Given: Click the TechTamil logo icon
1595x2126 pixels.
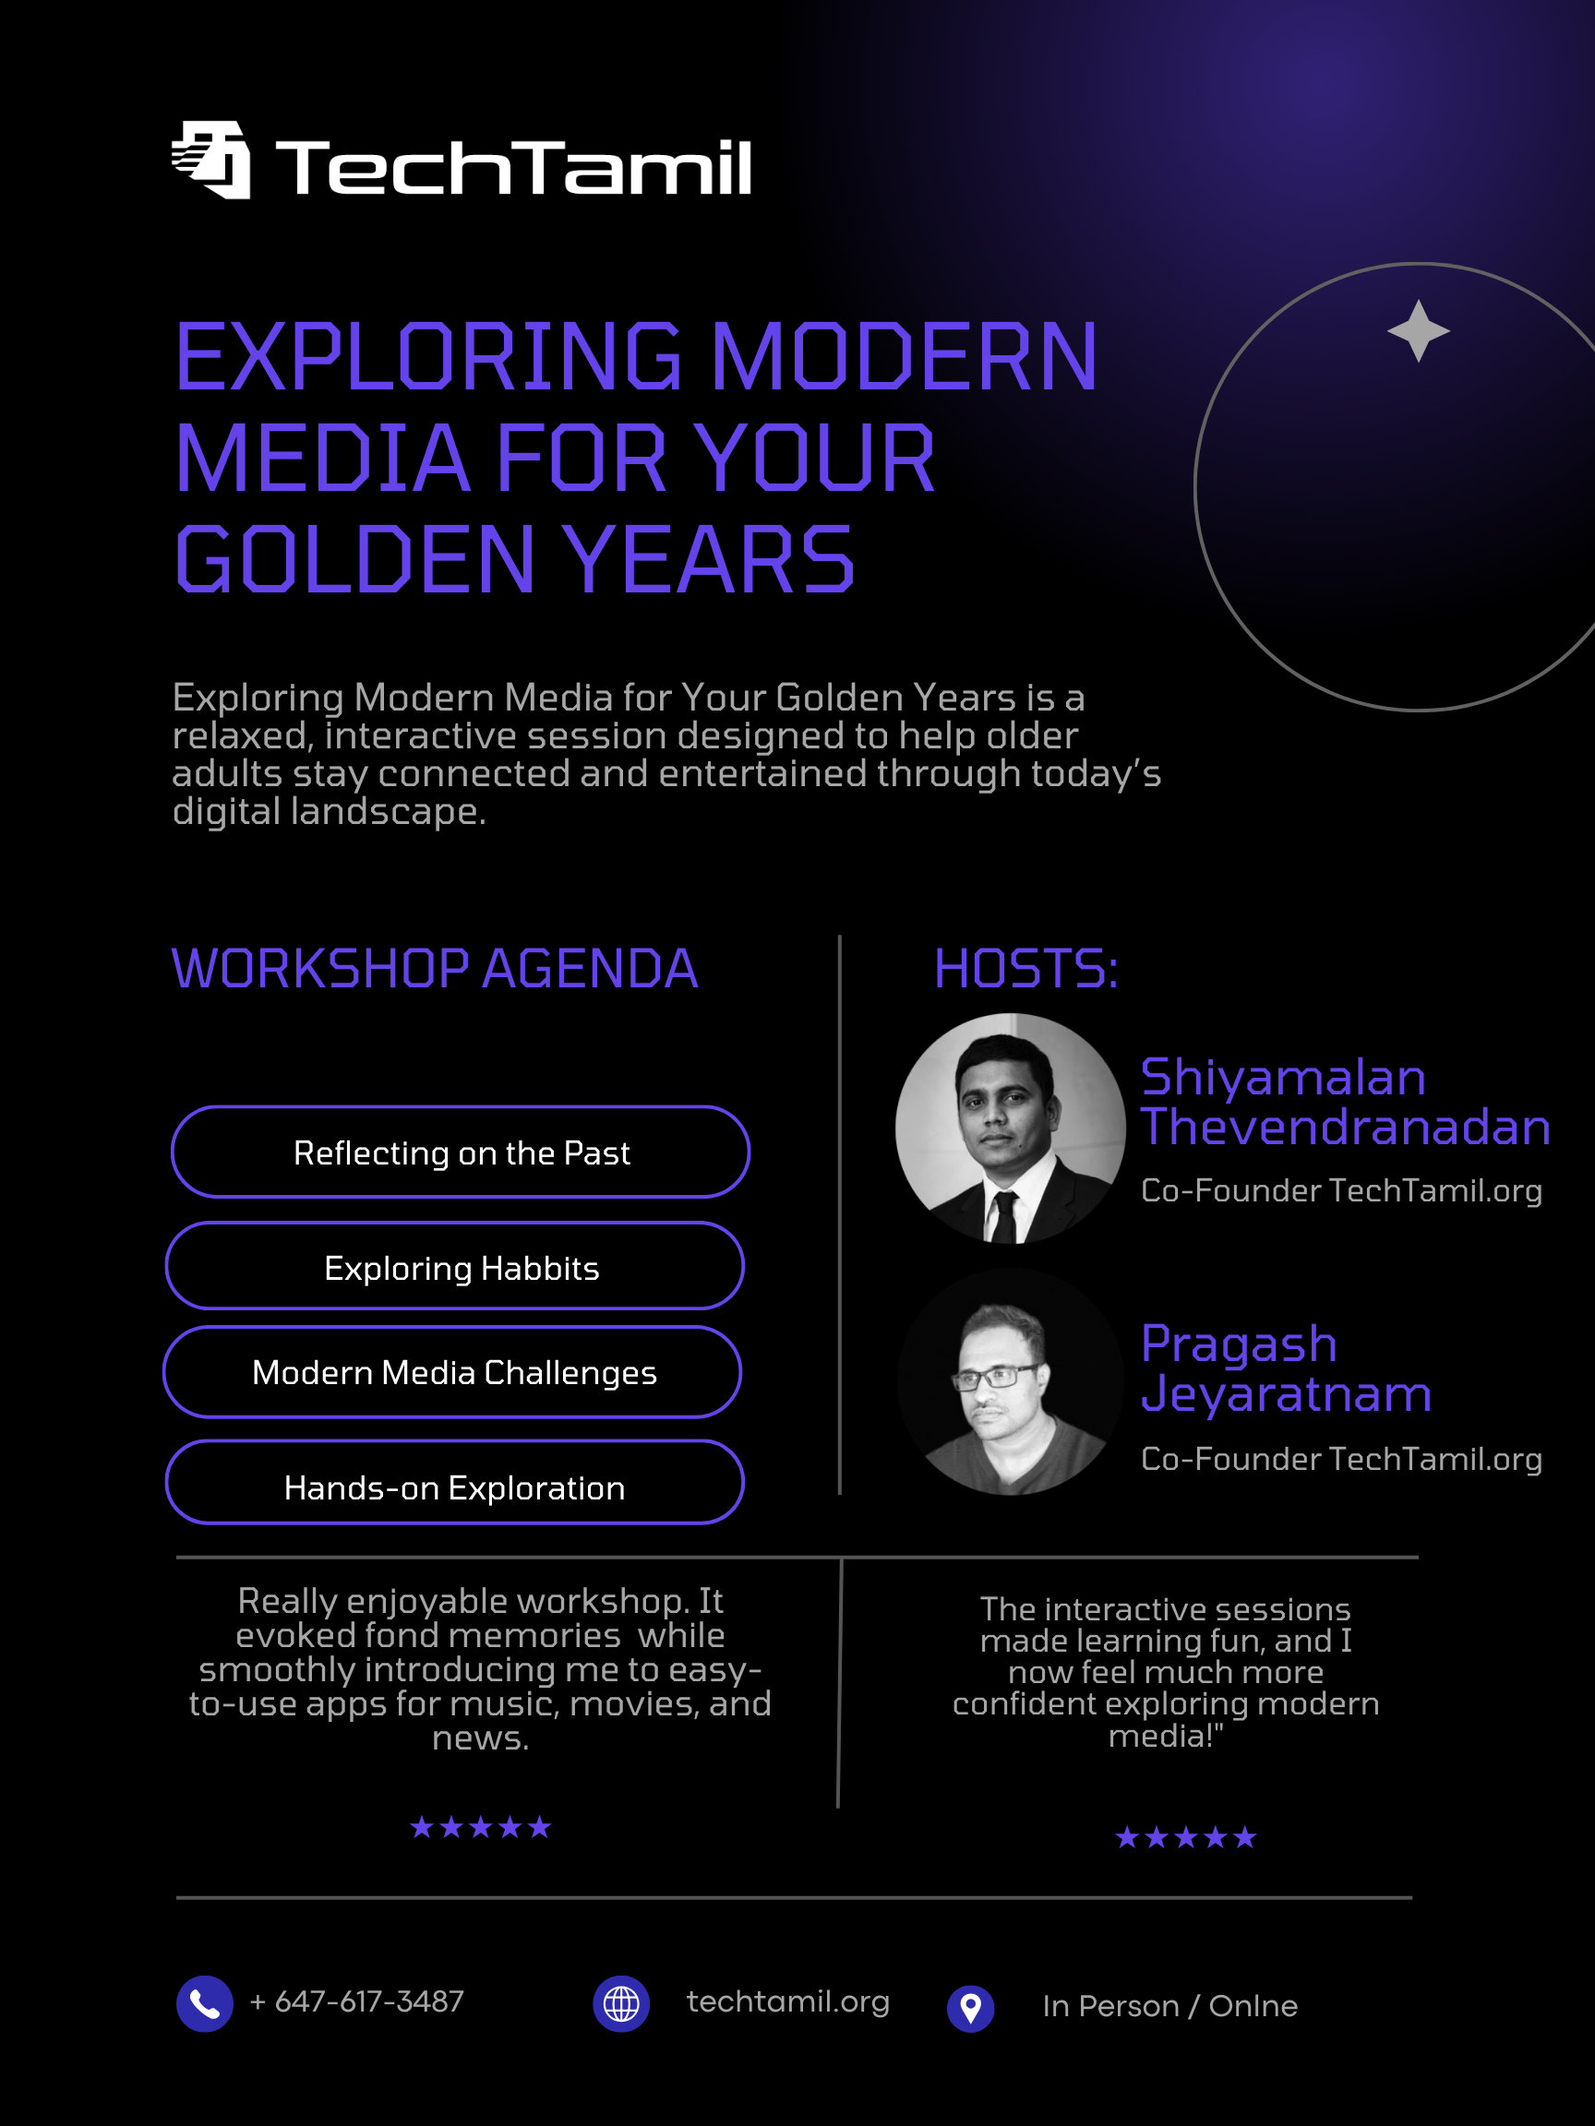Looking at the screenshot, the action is tap(210, 160).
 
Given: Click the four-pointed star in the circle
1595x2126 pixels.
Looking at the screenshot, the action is tap(1418, 330).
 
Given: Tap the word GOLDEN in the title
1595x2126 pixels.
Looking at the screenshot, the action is tap(354, 559).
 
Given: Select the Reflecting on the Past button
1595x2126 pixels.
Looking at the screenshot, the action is tap(461, 1152).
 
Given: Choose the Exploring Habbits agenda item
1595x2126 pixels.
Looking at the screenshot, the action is tap(455, 1266).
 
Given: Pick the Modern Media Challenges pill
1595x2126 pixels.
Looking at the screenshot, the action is tap(453, 1371).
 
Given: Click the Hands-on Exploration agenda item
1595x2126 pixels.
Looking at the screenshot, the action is tap(455, 1482).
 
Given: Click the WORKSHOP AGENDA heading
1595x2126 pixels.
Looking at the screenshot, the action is tap(435, 968).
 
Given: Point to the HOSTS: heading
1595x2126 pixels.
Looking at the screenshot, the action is tap(1025, 968).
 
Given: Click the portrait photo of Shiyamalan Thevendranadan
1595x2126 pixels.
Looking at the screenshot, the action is tap(1011, 1129).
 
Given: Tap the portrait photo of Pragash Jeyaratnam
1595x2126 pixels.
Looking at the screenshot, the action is tap(1011, 1381).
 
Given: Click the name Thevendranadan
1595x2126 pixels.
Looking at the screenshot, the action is tap(1345, 1127).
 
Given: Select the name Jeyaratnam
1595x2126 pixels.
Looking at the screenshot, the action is tap(1287, 1393).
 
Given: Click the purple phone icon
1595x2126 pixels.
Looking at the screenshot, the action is tap(205, 2004).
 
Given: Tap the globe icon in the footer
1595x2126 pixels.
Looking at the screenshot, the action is tap(621, 2004).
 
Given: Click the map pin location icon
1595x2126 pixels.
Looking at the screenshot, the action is tap(971, 2009).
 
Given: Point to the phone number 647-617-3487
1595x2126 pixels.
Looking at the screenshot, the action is tap(369, 2001).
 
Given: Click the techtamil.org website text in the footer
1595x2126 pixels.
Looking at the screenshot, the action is tap(788, 2001).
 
